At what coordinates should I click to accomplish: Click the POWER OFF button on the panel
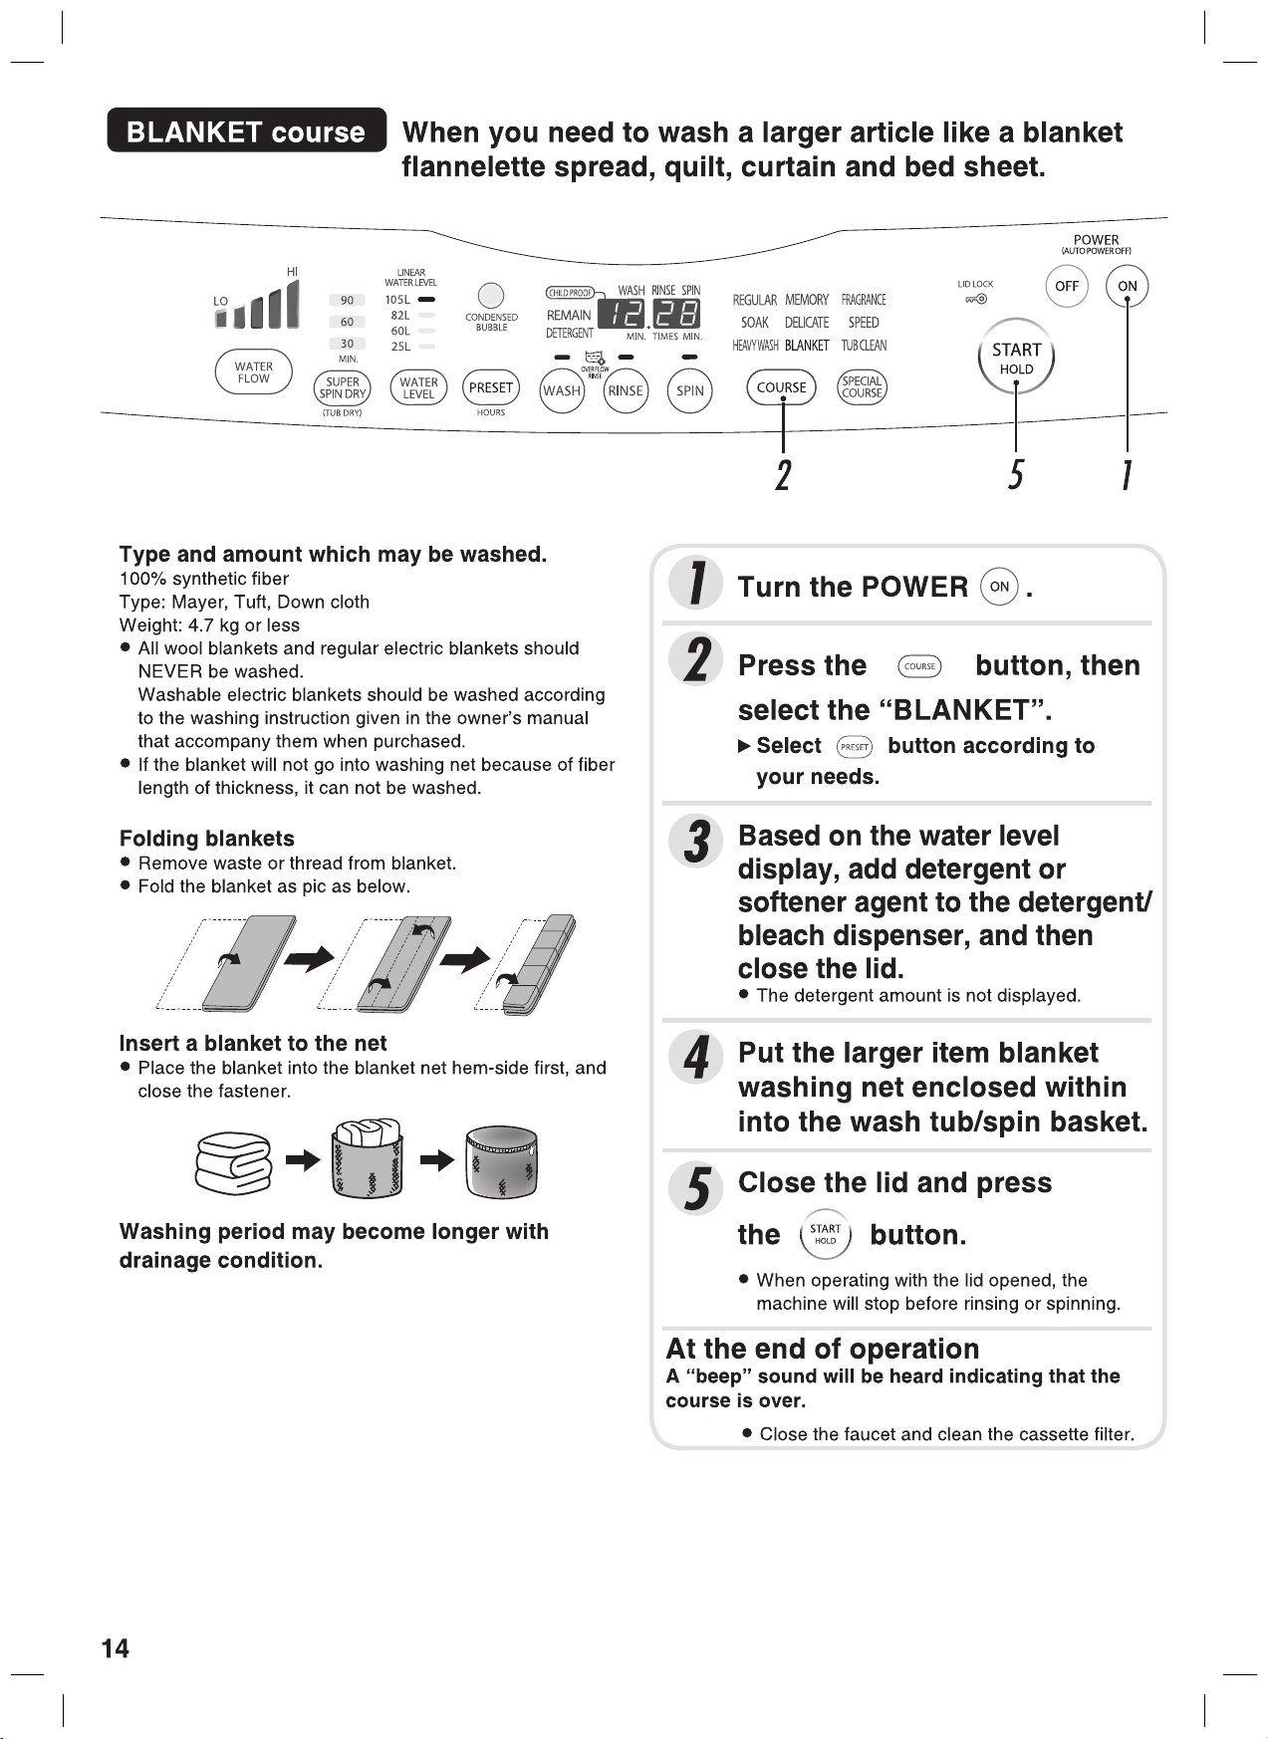point(1067,286)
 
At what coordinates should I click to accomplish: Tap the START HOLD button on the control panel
point(1016,358)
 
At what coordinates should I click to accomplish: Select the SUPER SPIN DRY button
point(343,388)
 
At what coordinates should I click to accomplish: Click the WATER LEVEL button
point(418,388)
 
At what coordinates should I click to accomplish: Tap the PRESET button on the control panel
point(491,387)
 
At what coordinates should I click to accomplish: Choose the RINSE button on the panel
point(626,390)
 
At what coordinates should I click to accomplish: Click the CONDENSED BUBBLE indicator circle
point(491,296)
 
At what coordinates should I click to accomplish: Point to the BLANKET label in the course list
point(807,346)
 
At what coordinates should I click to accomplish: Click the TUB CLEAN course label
point(864,346)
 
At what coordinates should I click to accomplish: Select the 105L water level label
point(397,299)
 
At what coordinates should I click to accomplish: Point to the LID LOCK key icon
point(975,299)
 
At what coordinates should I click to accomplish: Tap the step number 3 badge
point(696,842)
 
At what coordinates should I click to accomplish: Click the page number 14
point(116,1648)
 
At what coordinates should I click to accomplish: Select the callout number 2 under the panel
point(783,474)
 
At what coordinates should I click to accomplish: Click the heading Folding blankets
point(207,839)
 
